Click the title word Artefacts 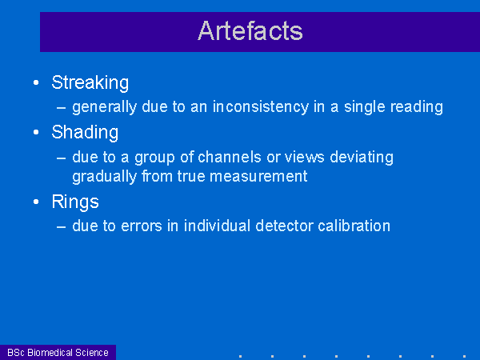250,30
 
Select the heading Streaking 90,82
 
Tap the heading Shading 85,133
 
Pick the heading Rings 75,202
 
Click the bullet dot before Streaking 36,82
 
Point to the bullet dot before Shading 36,132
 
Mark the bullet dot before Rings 36,202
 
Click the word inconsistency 261,107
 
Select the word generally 104,107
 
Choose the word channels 230,157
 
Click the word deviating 362,158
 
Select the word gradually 104,177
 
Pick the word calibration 354,226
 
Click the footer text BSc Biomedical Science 58,352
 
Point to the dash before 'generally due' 62,108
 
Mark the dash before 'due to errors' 62,227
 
